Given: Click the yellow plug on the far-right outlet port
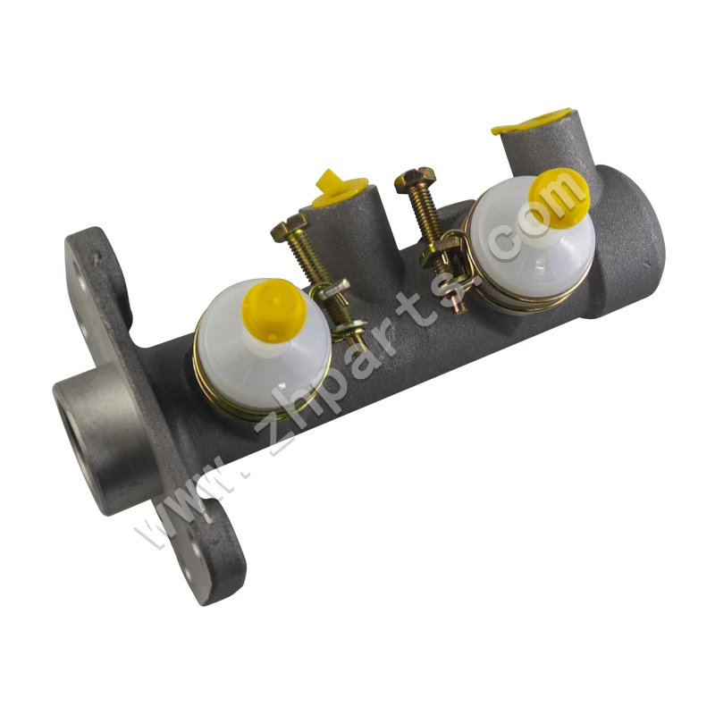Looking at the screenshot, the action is point(531,122).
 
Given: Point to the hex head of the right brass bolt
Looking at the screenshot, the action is point(416,180).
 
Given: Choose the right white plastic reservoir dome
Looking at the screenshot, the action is point(531,241).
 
